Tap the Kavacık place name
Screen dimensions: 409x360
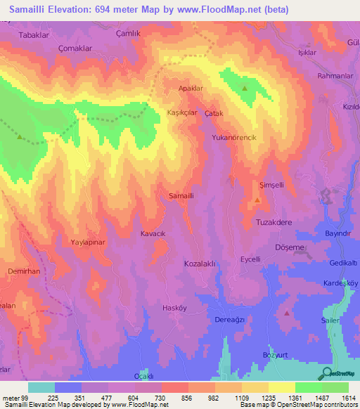[153, 233]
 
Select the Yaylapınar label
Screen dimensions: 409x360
[88, 242]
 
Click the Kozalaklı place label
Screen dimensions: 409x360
[198, 262]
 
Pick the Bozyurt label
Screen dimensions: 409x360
[276, 354]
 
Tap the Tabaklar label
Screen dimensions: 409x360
[34, 34]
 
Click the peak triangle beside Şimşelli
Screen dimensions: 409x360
[257, 200]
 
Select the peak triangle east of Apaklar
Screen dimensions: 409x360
[244, 89]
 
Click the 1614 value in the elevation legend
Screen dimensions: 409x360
[349, 398]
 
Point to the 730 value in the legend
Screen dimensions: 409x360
[161, 398]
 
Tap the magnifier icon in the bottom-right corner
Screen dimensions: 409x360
[325, 374]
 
